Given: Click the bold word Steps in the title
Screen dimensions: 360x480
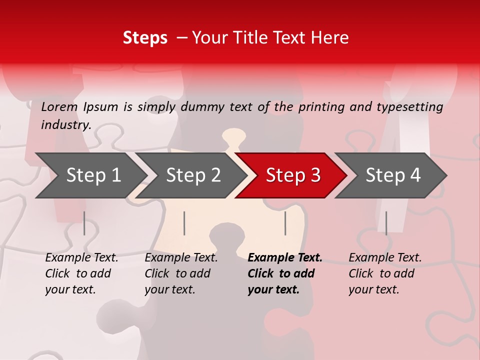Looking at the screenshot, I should click(x=145, y=38).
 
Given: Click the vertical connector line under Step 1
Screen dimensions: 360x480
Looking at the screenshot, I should click(x=84, y=223).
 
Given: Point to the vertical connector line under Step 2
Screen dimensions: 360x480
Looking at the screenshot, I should click(x=184, y=223).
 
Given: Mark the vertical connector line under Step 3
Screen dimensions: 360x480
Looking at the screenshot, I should click(x=285, y=223).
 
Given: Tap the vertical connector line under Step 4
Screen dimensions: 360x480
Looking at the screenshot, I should click(x=386, y=223).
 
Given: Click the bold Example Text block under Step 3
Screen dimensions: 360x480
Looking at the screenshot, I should click(x=285, y=273).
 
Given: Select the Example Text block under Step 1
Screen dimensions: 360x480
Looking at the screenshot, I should click(x=81, y=273).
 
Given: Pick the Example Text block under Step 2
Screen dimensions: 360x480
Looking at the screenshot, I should click(x=181, y=273).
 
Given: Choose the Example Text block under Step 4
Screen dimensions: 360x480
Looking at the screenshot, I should click(x=385, y=273).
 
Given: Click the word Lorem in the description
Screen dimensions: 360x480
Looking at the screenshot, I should click(x=59, y=106).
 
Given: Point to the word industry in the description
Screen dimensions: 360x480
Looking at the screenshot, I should click(x=65, y=124).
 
